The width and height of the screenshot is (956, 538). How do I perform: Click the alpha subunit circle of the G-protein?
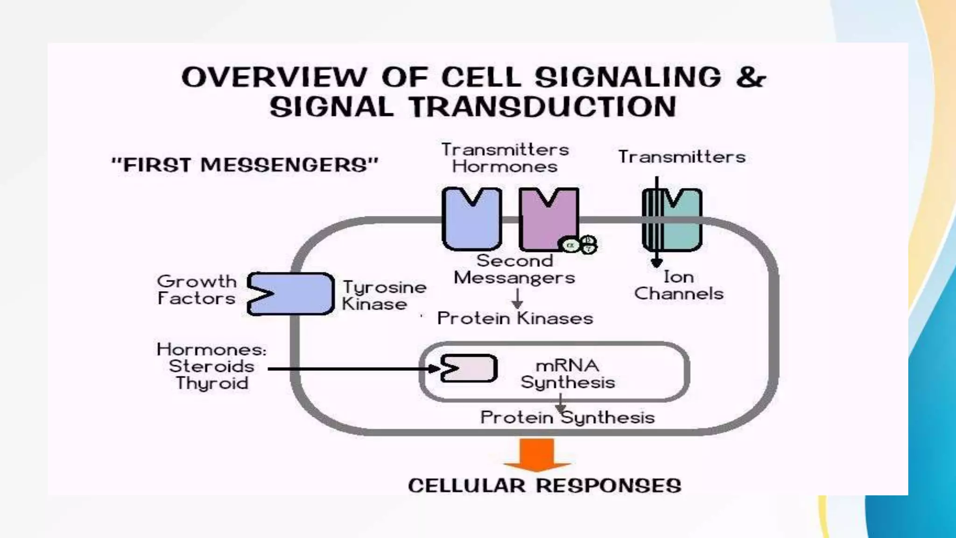tap(569, 245)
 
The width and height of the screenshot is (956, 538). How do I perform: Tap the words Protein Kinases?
tap(515, 319)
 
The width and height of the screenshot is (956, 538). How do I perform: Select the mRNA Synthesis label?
tap(567, 374)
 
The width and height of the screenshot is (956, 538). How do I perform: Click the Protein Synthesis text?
tap(567, 417)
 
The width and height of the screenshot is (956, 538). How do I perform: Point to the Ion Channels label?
tap(678, 285)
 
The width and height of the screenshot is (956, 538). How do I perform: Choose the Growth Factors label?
tap(197, 290)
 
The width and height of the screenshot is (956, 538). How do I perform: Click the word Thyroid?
tap(212, 383)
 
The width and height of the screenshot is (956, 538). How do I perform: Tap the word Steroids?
tap(211, 366)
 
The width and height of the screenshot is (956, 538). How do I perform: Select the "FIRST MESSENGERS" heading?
tap(245, 165)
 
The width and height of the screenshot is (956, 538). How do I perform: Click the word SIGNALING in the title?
tap(628, 77)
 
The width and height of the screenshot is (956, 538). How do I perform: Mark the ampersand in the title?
tap(750, 77)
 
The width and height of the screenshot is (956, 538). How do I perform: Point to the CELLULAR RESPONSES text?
tap(544, 486)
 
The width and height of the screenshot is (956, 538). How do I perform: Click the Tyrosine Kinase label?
tap(384, 296)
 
